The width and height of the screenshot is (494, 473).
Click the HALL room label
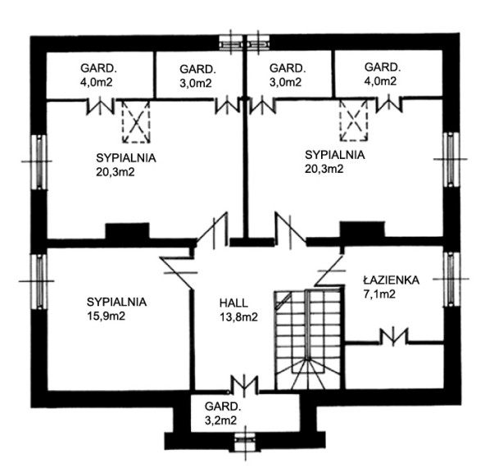point(233,302)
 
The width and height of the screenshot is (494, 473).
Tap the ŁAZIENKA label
point(391,280)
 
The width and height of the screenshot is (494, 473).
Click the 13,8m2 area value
point(238,316)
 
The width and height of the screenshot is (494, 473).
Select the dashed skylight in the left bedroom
point(137,123)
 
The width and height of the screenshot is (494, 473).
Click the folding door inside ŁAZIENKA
point(394,336)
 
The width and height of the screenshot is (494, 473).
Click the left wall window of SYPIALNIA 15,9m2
point(36,281)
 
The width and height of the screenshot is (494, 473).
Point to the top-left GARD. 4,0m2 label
point(97,75)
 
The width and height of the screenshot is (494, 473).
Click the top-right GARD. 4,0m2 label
point(381,74)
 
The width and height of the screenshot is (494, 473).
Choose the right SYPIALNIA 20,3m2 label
point(333,161)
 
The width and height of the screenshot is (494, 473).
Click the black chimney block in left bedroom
point(127,232)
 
